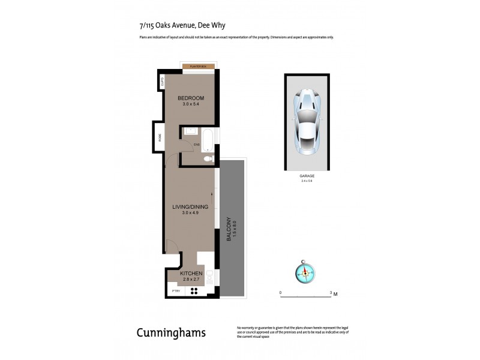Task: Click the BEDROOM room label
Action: click(190, 98)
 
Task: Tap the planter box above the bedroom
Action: click(198, 66)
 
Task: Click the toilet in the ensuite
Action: click(208, 159)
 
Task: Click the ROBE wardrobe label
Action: click(160, 137)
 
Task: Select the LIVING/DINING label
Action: click(190, 207)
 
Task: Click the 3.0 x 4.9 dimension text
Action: click(190, 214)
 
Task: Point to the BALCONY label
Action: click(228, 229)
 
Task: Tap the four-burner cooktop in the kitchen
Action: click(195, 291)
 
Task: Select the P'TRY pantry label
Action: click(176, 291)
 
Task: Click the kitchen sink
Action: click(209, 278)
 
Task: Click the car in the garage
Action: click(307, 121)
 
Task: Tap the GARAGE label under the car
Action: click(307, 176)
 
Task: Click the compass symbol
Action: click(305, 273)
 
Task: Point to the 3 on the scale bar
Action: click(331, 293)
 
